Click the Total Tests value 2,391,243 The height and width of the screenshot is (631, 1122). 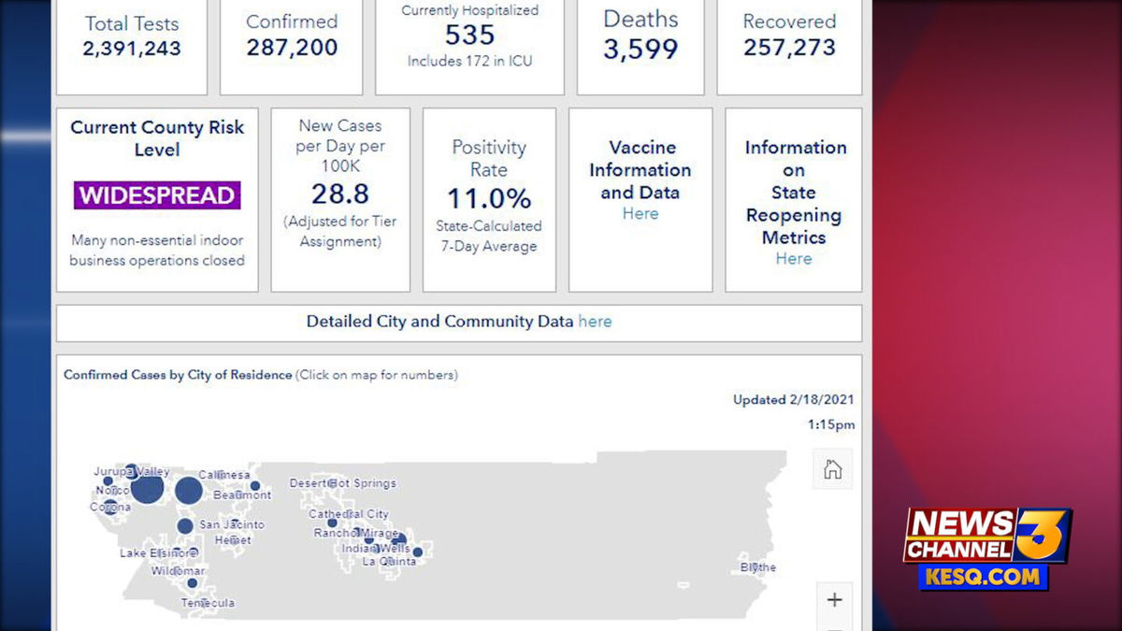point(132,49)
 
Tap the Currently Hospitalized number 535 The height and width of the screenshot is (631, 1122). point(469,36)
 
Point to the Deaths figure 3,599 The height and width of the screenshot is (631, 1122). point(640,50)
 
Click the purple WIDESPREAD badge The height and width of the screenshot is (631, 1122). point(157,195)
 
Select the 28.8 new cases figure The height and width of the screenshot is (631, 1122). point(340,194)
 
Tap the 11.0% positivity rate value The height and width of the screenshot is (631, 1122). point(488,198)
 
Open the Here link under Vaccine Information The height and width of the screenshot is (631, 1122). point(640,214)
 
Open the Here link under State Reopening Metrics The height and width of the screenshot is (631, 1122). point(794,259)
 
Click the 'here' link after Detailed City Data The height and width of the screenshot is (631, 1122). point(595,322)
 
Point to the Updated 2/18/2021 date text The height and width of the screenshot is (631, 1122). point(793,400)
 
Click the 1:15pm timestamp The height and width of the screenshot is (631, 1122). point(830,424)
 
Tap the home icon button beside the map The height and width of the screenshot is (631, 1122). point(832,469)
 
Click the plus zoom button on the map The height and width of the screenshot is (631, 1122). point(834,600)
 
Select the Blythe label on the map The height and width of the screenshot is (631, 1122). point(758,567)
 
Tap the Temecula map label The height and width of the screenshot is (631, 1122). point(209,603)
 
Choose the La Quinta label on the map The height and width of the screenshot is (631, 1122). point(389,562)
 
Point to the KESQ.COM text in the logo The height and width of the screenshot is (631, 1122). point(985,577)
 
